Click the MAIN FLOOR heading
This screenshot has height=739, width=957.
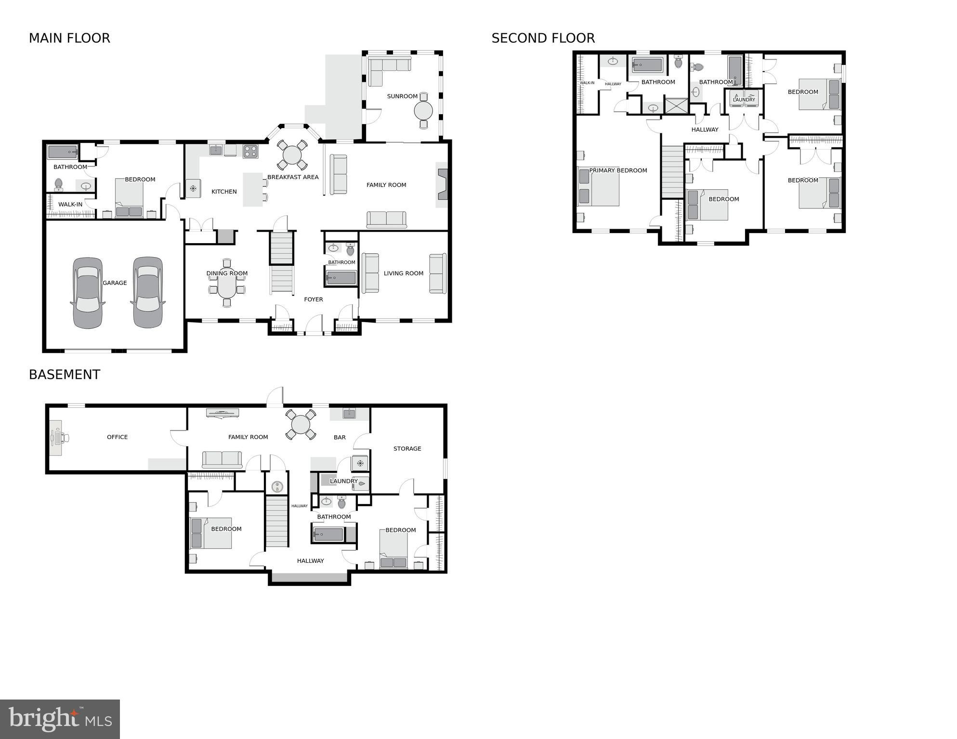point(69,38)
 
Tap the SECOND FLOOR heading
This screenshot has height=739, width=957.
point(543,38)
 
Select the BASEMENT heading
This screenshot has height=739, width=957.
point(65,375)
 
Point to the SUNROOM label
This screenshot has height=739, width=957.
point(402,96)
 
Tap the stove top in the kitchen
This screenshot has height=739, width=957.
point(250,151)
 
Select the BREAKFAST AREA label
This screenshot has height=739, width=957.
point(293,177)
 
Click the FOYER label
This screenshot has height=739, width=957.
point(314,299)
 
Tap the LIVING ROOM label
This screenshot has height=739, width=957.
point(404,273)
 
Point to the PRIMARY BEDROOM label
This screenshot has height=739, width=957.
point(618,170)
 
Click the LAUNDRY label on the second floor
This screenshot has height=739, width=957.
point(744,100)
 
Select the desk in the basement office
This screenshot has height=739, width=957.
point(56,437)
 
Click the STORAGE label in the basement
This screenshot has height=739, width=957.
point(407,449)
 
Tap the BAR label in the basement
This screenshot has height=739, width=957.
point(340,438)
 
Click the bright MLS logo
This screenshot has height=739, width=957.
point(60,719)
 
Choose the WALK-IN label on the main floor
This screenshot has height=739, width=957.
point(70,205)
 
